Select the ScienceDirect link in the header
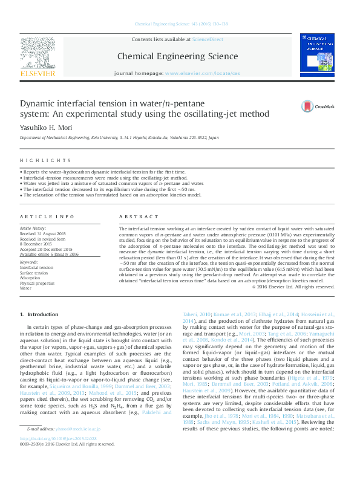tap(207, 39)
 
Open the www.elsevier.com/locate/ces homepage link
tap(202, 73)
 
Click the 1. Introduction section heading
tap(39, 315)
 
